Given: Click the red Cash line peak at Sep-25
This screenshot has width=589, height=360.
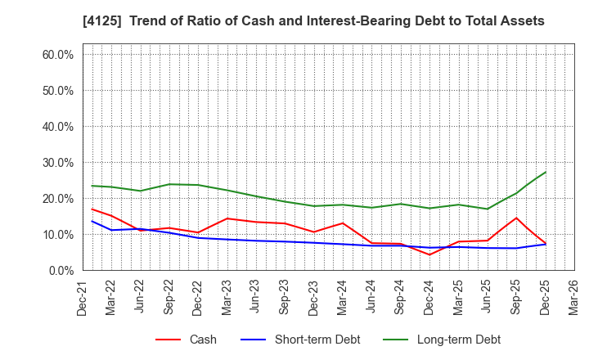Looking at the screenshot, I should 516,218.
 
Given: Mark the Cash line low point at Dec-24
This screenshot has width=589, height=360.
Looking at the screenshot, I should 429,254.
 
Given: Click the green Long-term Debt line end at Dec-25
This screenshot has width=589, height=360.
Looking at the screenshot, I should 545,172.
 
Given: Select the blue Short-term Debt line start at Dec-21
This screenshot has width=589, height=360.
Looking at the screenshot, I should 92,221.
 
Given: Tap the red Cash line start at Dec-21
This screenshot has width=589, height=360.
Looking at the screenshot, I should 92,209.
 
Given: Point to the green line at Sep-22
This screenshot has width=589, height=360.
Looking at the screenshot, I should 169,184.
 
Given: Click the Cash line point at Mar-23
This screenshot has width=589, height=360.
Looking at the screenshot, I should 227,218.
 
